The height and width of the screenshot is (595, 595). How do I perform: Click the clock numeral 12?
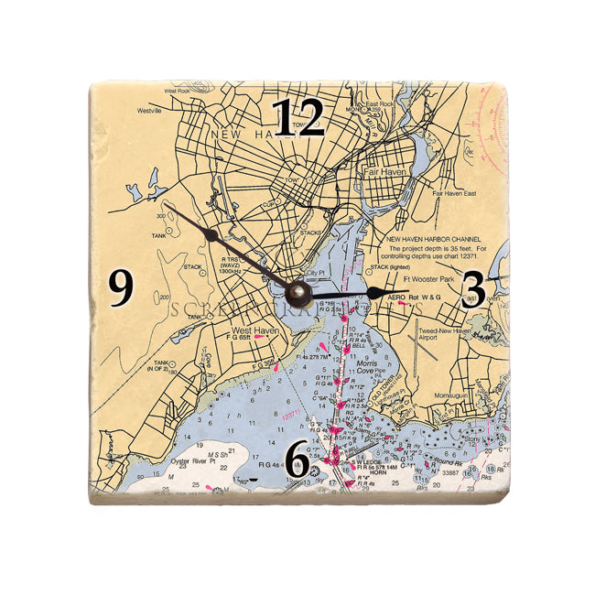point(298,117)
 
